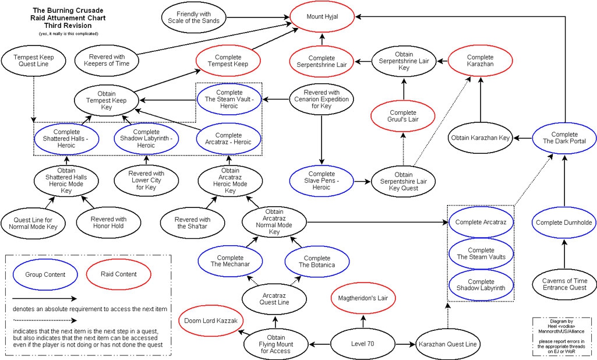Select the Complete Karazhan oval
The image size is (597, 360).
480,61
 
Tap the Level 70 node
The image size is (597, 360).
363,344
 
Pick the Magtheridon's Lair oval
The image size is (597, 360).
363,298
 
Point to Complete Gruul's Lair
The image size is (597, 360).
402,115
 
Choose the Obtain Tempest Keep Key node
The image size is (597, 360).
106,100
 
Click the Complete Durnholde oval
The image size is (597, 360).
564,222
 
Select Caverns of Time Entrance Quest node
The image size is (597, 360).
564,285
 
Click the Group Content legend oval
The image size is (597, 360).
45,274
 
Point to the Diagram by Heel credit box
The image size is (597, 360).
562,334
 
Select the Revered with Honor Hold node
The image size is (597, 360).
107,223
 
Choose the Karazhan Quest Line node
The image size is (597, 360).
448,344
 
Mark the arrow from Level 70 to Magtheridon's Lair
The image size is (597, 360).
363,321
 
